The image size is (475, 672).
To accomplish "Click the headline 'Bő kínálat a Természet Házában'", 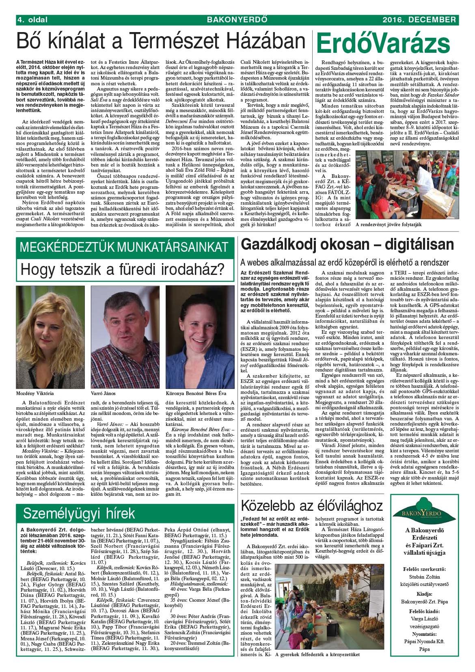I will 160,42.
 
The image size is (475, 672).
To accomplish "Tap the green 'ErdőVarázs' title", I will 383,43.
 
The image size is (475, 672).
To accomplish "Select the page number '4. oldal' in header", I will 32,19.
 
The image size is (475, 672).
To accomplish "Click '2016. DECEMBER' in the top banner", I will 419,19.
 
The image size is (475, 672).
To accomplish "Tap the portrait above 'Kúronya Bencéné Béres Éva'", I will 200,337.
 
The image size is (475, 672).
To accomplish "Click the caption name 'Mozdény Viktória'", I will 35,393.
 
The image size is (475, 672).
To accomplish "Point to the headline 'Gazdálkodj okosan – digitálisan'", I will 347,244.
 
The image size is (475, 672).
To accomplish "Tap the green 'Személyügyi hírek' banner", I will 79,513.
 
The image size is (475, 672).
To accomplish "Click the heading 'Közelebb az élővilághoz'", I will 312,506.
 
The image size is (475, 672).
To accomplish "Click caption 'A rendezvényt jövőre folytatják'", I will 389,225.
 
